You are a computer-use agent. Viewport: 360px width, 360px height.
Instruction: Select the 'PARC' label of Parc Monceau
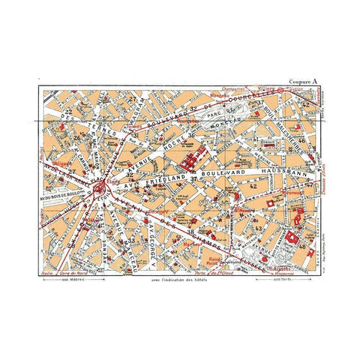point(214,117)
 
